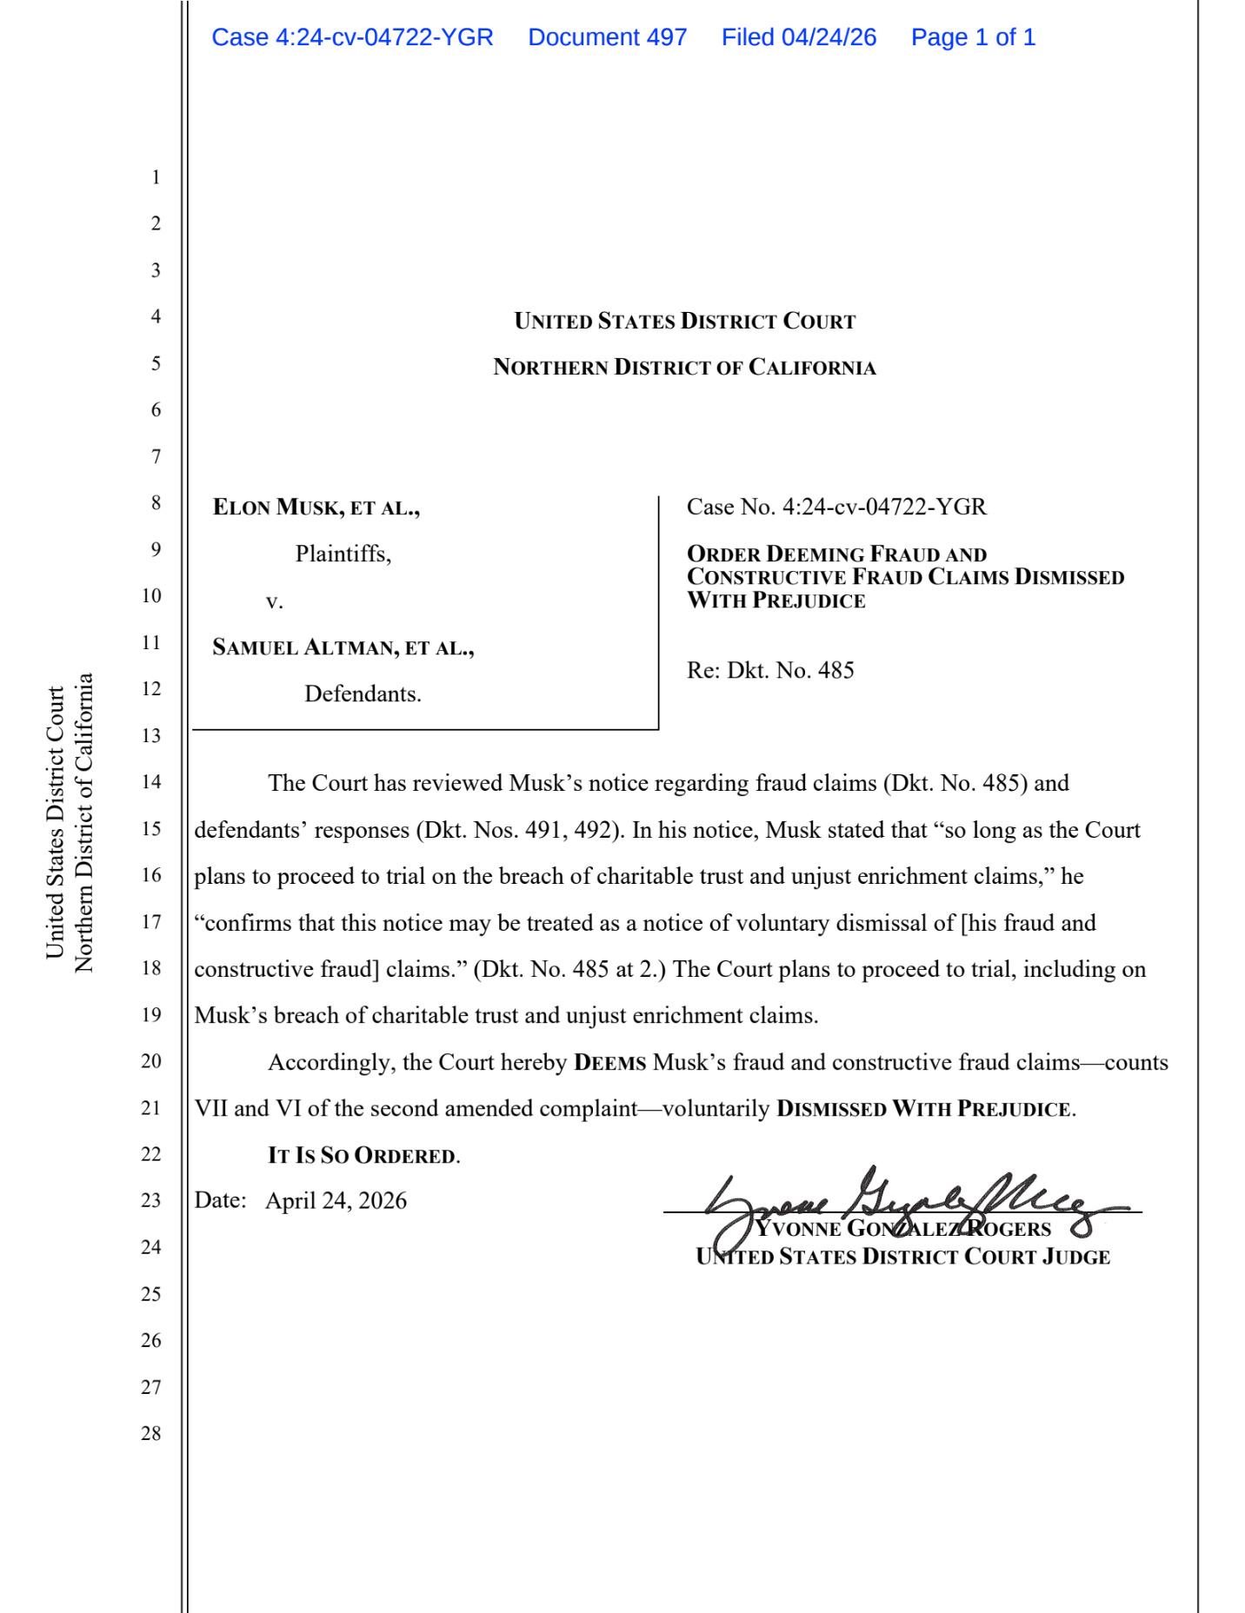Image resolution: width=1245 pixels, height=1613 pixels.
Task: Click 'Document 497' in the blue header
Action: coord(607,37)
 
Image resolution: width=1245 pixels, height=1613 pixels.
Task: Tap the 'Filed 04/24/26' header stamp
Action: coord(798,37)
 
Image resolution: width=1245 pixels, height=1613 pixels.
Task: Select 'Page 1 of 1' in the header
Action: coord(972,37)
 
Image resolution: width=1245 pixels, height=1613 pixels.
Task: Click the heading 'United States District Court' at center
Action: coord(684,322)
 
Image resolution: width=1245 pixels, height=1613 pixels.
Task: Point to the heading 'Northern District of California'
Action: coord(684,368)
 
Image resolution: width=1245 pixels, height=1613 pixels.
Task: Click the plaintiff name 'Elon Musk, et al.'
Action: coord(316,508)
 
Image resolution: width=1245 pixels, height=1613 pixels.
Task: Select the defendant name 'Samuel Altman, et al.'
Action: coord(343,647)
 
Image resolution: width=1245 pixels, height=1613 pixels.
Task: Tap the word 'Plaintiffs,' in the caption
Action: coord(343,554)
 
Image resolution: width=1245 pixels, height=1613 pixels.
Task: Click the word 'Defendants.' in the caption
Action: coord(363,694)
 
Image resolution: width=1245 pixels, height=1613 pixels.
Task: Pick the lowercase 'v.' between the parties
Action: coord(275,601)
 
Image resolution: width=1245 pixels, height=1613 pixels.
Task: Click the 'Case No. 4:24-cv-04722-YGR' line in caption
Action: coord(836,507)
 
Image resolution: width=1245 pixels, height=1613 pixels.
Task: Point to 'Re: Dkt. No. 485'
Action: coord(770,670)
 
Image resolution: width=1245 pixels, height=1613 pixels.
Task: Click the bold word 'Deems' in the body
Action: coord(609,1063)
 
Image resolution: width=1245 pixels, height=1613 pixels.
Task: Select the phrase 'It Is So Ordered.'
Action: coord(363,1155)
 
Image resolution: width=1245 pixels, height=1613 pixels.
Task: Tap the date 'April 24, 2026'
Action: coord(336,1201)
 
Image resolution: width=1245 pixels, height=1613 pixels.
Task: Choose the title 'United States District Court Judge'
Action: coord(902,1257)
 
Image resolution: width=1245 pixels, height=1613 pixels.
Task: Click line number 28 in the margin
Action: coord(151,1433)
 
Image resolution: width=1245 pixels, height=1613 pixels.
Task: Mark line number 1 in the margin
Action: coord(156,177)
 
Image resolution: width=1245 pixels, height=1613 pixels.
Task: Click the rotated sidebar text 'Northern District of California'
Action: coord(83,822)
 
